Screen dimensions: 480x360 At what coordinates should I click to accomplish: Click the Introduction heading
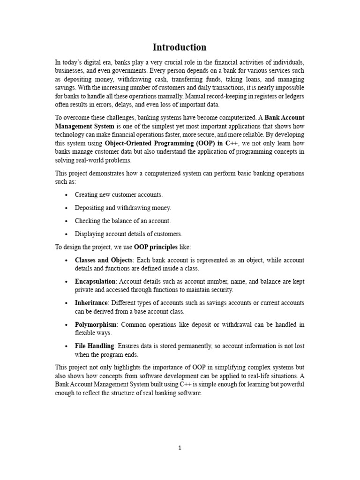[x=180, y=47]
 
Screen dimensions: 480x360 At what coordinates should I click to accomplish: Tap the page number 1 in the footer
[x=180, y=448]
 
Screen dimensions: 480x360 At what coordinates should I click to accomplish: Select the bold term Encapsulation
[x=95, y=281]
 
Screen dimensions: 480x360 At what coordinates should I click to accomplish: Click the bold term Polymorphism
[x=95, y=324]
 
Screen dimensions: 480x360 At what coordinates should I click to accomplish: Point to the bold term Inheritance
[x=91, y=303]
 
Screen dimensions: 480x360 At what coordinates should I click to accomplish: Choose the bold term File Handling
[x=94, y=346]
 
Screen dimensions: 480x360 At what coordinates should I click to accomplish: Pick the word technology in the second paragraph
[x=69, y=135]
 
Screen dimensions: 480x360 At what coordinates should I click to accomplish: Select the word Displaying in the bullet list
[x=90, y=233]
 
